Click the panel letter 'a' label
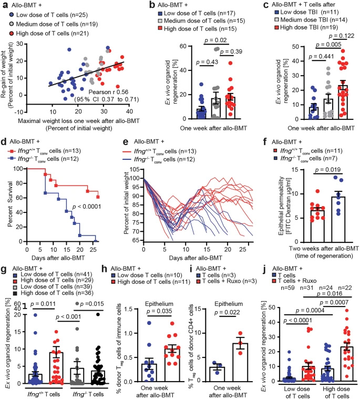(x=4, y=5)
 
